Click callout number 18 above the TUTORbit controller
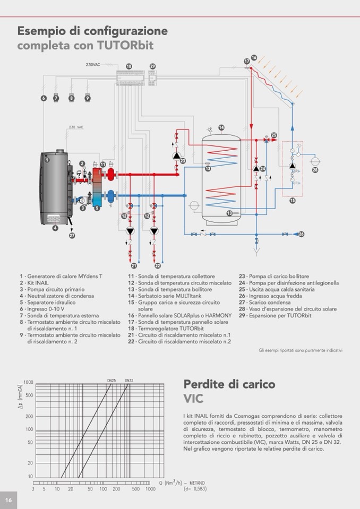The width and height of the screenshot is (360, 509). pyautogui.click(x=128, y=66)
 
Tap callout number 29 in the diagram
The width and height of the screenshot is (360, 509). pyautogui.click(x=152, y=66)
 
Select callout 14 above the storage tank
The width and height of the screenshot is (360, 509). pyautogui.click(x=221, y=127)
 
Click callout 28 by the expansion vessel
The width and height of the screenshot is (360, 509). pyautogui.click(x=315, y=170)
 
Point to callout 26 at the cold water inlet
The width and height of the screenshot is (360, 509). pyautogui.click(x=301, y=234)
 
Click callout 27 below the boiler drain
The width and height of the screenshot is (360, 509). pyautogui.click(x=72, y=235)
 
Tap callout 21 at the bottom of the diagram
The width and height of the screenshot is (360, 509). pyautogui.click(x=134, y=265)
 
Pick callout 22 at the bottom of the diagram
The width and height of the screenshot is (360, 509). pyautogui.click(x=158, y=265)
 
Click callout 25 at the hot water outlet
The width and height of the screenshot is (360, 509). pyautogui.click(x=274, y=135)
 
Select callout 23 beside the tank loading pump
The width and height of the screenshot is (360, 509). pyautogui.click(x=183, y=161)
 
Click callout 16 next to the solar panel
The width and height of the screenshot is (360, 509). pyautogui.click(x=254, y=57)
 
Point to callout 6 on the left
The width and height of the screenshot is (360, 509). pyautogui.click(x=44, y=98)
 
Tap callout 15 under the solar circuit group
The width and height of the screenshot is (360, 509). pyautogui.click(x=292, y=201)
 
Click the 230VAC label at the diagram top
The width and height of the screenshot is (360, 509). pyautogui.click(x=93, y=65)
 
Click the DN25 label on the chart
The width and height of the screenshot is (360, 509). pyautogui.click(x=111, y=380)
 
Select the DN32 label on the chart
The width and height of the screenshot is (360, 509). pyautogui.click(x=129, y=380)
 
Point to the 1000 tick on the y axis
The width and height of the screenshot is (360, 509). pyautogui.click(x=28, y=383)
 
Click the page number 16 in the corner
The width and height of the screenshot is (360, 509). pyautogui.click(x=8, y=500)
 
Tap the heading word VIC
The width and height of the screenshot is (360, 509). pyautogui.click(x=193, y=398)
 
